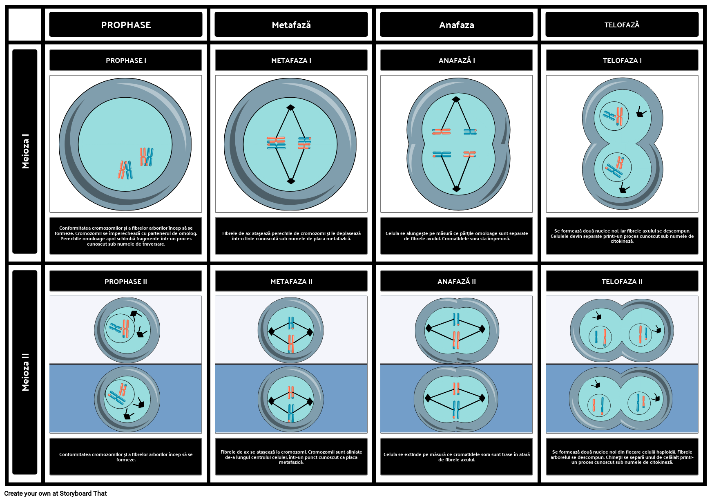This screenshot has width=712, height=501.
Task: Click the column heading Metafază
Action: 291,25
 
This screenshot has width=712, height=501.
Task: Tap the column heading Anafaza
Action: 456,25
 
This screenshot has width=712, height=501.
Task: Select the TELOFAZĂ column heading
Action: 622,25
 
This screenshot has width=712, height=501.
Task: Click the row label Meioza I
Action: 25,151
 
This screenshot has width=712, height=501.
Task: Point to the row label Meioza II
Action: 25,372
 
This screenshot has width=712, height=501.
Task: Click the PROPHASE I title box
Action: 126,60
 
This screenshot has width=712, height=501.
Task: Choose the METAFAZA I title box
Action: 291,60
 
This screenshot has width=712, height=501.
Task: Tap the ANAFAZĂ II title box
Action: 456,281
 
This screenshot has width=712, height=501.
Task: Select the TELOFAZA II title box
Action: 622,281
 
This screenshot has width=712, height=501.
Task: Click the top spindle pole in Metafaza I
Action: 290,107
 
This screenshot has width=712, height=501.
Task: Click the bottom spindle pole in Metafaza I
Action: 291,181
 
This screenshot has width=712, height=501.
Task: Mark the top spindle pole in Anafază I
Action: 456,99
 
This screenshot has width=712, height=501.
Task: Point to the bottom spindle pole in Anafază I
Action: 456,189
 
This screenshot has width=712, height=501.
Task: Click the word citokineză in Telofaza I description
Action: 622,242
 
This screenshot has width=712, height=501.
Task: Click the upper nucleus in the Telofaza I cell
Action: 614,116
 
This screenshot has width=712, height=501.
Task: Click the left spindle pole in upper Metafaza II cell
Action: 271,331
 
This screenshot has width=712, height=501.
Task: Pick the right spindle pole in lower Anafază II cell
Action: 482,398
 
